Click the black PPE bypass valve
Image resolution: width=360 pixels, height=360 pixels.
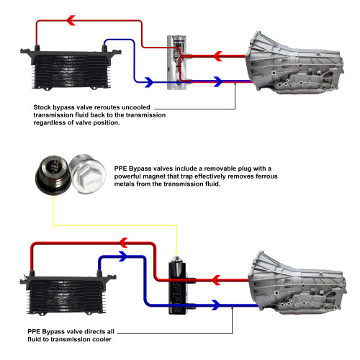176,280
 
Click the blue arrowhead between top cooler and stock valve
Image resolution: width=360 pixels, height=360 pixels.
148,82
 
